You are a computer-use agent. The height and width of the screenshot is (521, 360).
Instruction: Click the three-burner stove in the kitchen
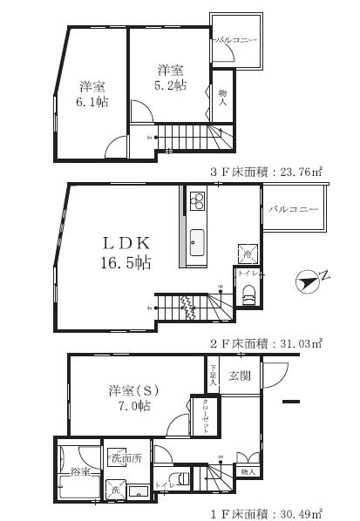point(195,202)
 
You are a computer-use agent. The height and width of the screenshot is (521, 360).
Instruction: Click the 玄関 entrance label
point(240,376)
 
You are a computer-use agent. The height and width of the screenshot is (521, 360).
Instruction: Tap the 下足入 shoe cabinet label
point(213,376)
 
